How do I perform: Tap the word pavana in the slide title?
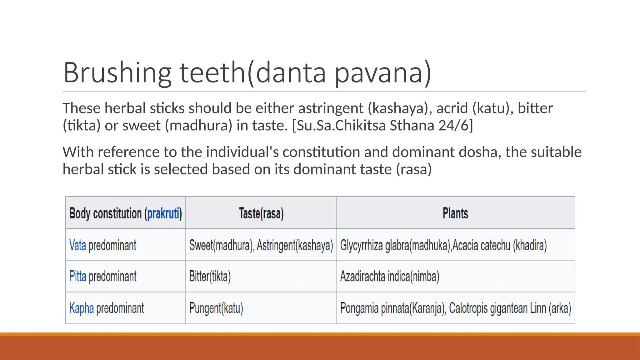(x=383, y=72)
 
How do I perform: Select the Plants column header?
(x=455, y=213)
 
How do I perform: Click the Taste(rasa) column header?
(x=261, y=214)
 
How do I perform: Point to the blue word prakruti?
(x=163, y=214)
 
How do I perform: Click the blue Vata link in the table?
(x=77, y=245)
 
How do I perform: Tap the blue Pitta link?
(x=77, y=277)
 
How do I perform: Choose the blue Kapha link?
(x=81, y=308)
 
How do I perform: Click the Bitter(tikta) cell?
(x=210, y=277)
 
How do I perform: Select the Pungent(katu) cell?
(x=216, y=308)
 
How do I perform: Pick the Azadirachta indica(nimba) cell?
(x=389, y=277)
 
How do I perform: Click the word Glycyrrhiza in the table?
(x=361, y=245)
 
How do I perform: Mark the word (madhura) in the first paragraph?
(x=198, y=125)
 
